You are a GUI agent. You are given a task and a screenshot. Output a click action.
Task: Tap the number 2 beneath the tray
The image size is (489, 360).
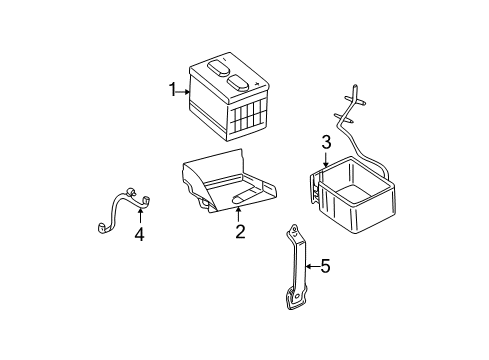point(239,232)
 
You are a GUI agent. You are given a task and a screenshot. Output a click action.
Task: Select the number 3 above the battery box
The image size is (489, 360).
point(325,141)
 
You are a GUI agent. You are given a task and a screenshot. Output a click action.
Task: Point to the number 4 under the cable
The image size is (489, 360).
point(140,235)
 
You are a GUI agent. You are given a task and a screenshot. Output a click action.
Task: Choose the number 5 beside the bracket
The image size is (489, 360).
point(323,266)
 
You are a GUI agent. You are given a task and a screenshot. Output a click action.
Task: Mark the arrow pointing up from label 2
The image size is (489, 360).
point(239,213)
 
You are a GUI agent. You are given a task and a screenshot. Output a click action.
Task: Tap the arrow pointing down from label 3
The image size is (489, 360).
point(325,157)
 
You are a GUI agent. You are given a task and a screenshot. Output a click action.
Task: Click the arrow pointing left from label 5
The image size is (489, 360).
point(309,266)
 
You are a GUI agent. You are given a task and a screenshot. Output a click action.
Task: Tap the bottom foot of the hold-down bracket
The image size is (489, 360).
point(294,297)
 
